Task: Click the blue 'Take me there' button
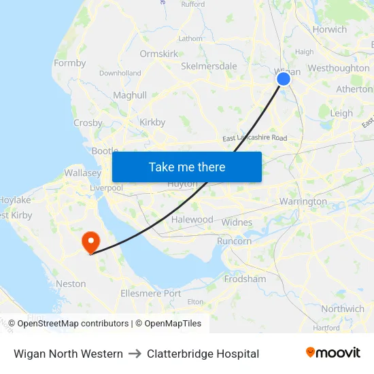(x=187, y=167)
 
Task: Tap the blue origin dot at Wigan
(x=284, y=79)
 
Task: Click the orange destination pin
(x=90, y=241)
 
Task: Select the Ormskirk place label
(x=158, y=54)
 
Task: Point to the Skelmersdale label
(x=209, y=67)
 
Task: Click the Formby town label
(x=70, y=63)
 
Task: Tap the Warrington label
(x=303, y=202)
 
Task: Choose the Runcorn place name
(x=234, y=241)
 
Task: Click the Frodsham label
(x=245, y=279)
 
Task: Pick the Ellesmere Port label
(x=150, y=294)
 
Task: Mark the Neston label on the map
(x=71, y=284)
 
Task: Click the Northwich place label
(x=343, y=309)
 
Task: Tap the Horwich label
(x=329, y=29)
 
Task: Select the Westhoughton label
(x=338, y=68)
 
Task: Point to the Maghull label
(x=130, y=96)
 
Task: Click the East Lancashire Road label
(x=254, y=138)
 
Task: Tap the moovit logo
(x=333, y=353)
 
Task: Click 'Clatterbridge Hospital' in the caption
(x=203, y=354)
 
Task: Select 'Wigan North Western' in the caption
(x=68, y=354)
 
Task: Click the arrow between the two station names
(x=135, y=354)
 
